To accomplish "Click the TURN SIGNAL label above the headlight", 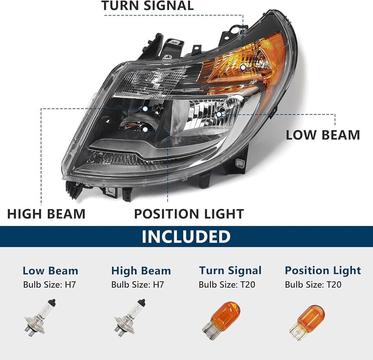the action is coord(147,6).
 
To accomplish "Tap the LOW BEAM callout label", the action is coord(323,135).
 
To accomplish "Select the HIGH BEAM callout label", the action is coord(46,214).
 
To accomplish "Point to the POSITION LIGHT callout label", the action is coord(189,214).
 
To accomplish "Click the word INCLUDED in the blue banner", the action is coord(186,236).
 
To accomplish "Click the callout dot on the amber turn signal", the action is coord(243,68).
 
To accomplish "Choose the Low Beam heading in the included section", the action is coord(50,271).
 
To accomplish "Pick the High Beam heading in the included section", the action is coord(141,271).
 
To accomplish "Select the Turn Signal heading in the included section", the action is coord(230,270).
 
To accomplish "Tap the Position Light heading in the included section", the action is coord(323,270).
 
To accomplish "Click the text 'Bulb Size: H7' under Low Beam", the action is coord(50,284).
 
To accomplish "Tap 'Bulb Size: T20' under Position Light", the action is coord(313,284).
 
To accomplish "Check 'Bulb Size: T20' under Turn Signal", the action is coord(227,284).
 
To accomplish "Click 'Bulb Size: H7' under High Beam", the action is coord(138,284).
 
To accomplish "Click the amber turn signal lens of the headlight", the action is coord(257,60).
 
